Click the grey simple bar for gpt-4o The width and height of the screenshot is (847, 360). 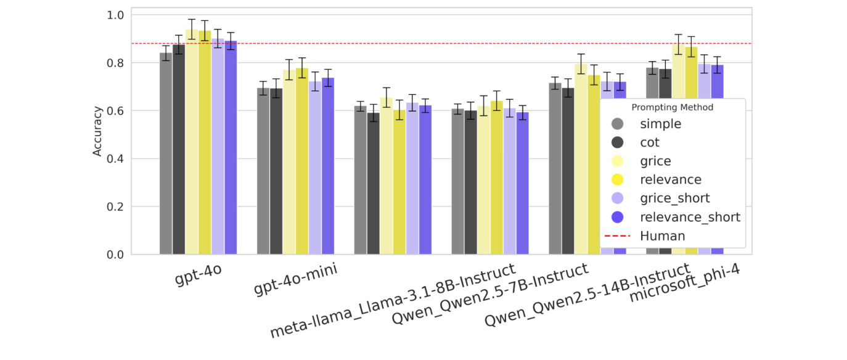[166, 154]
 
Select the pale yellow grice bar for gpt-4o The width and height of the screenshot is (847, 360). [192, 142]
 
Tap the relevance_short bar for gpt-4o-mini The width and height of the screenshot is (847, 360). [328, 166]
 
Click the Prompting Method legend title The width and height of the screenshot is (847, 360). [673, 107]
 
